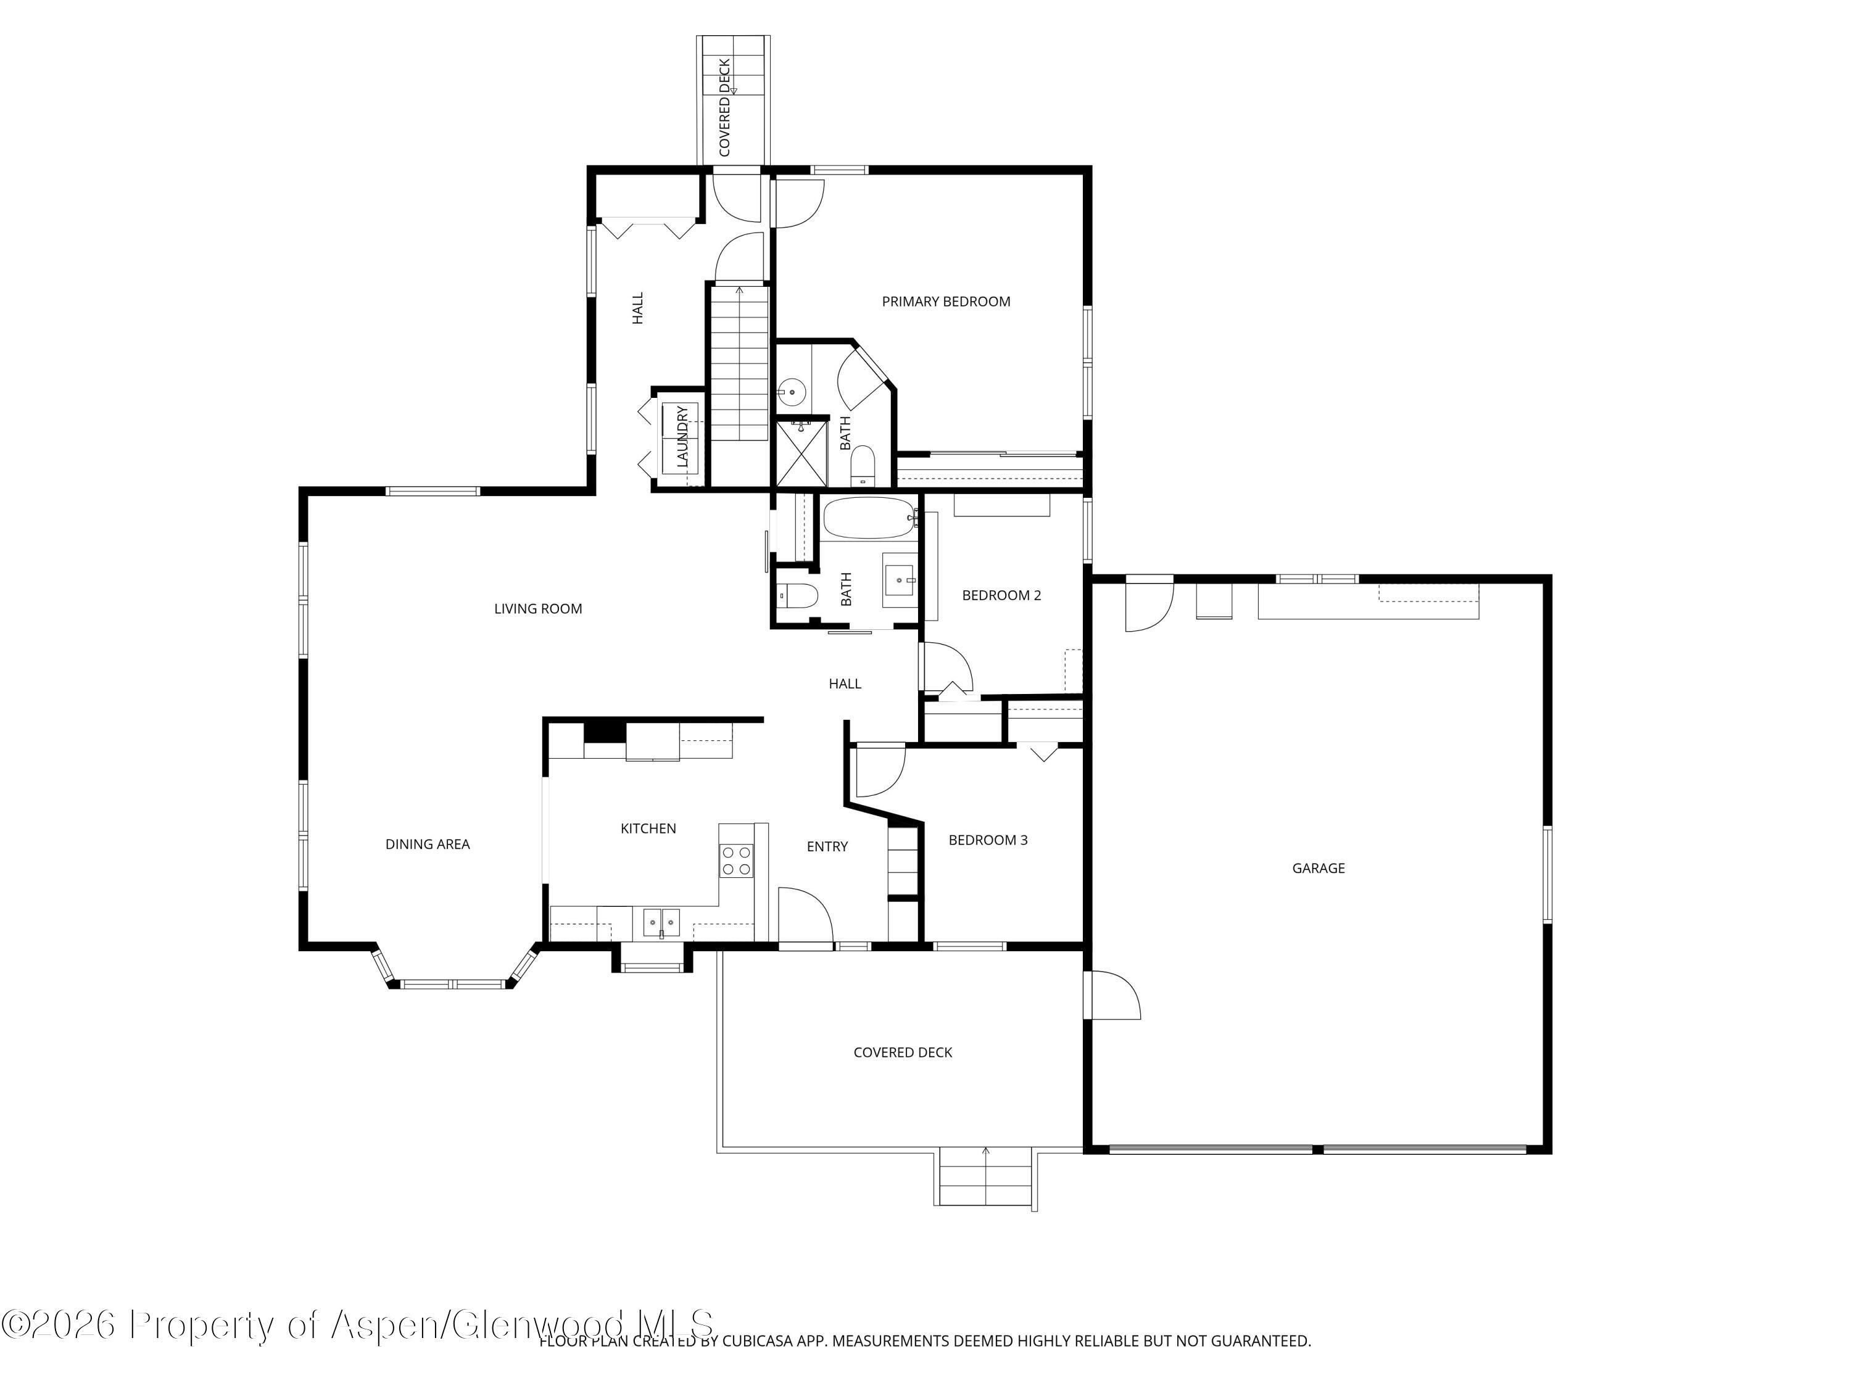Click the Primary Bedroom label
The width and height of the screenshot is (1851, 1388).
946,301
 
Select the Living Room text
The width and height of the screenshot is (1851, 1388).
537,609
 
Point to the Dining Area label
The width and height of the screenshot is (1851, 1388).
427,844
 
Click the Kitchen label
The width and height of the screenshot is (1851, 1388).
648,828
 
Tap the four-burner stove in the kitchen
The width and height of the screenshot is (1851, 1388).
736,861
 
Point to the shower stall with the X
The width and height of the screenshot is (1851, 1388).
801,453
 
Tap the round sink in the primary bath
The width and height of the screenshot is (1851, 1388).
791,390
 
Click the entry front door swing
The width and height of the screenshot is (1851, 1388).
805,917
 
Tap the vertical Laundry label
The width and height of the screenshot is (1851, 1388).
682,437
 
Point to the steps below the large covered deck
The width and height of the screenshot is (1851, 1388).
985,1176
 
